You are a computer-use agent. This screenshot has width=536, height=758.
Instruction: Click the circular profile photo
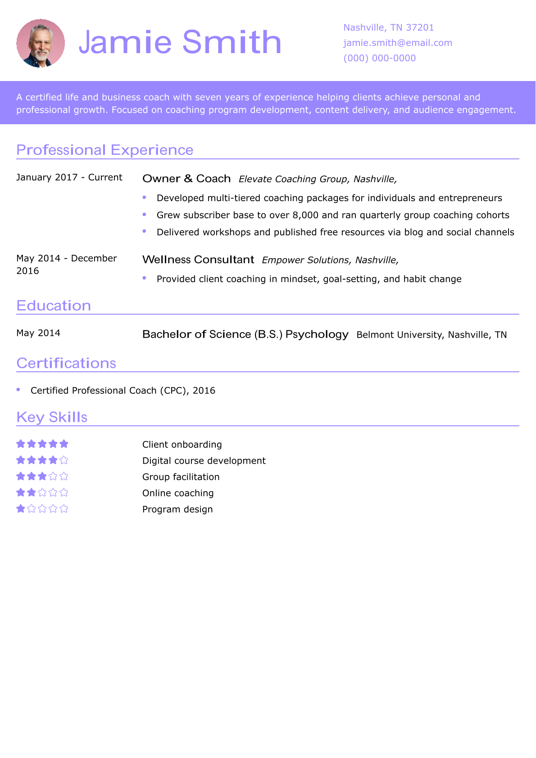coord(41,43)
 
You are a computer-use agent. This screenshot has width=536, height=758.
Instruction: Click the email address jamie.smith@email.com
coord(397,43)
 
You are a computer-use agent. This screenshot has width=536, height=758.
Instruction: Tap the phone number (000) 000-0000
coord(379,58)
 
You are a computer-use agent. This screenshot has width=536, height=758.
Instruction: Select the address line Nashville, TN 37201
coord(388,27)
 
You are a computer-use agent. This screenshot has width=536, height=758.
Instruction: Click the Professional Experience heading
coord(104,150)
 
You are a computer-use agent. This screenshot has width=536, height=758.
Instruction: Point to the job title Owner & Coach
coord(186,179)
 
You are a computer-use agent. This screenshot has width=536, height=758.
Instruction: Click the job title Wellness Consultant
coord(198,260)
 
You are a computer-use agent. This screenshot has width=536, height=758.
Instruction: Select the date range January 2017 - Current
coord(69,177)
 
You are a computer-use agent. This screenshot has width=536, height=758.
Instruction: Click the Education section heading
coord(54,306)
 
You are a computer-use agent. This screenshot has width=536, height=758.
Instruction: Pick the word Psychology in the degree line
coord(317,334)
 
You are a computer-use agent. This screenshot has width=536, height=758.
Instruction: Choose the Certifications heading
coord(66,363)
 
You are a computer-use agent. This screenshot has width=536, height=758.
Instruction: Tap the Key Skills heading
coord(52,417)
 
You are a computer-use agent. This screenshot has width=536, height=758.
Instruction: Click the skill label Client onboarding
coord(182,445)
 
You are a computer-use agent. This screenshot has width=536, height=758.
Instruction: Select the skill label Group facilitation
coord(181,477)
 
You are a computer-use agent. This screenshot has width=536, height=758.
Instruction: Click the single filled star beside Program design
coord(21,509)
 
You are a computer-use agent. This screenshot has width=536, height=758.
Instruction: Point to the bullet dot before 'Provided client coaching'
coord(145,278)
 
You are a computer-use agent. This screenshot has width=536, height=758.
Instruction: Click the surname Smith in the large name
coord(232,42)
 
